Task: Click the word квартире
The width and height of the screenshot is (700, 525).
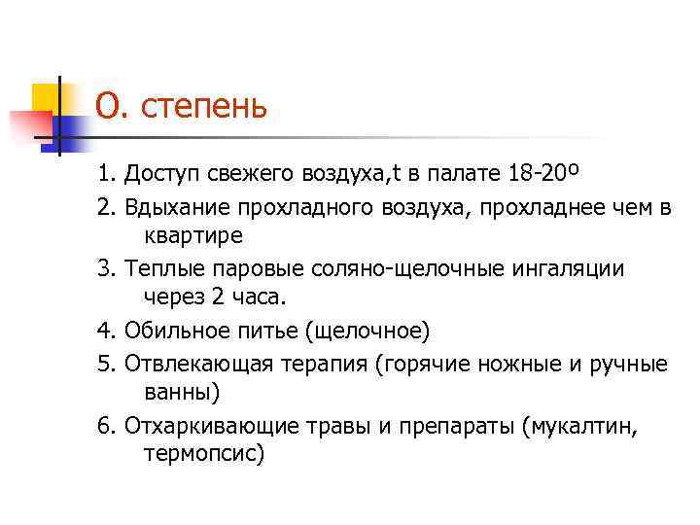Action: (x=194, y=235)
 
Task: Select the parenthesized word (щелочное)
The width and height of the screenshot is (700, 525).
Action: (x=367, y=331)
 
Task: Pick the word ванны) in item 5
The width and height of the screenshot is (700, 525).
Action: (x=182, y=393)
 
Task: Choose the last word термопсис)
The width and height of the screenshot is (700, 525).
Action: (x=203, y=455)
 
